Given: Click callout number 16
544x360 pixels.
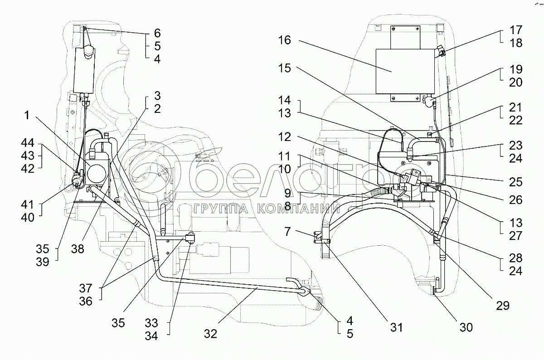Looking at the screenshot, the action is pyautogui.click(x=285, y=40).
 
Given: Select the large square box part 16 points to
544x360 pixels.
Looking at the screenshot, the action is pyautogui.click(x=405, y=72).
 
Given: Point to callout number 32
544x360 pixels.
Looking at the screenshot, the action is pyautogui.click(x=210, y=334).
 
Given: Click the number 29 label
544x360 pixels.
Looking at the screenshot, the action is pyautogui.click(x=503, y=306).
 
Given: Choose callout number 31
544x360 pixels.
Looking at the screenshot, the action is pyautogui.click(x=396, y=328).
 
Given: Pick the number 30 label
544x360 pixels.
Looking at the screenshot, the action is pyautogui.click(x=466, y=328).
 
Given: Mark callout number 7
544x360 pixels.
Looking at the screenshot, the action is pyautogui.click(x=287, y=232).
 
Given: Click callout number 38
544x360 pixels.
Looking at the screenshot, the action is pyautogui.click(x=78, y=249).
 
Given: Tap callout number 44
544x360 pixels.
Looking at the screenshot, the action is pyautogui.click(x=28, y=143).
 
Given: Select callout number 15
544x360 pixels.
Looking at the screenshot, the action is pyautogui.click(x=285, y=68).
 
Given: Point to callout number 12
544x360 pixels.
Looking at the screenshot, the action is pyautogui.click(x=285, y=137).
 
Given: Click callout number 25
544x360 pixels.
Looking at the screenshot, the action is pyautogui.click(x=516, y=182).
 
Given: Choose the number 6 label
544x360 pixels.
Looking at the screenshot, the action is pyautogui.click(x=157, y=33).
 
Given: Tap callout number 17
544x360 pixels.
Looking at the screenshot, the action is pyautogui.click(x=516, y=30).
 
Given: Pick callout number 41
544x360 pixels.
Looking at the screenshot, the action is pyautogui.click(x=28, y=205).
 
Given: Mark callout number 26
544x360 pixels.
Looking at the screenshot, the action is pyautogui.click(x=516, y=200).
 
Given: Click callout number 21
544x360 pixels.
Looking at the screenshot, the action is pyautogui.click(x=516, y=107).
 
